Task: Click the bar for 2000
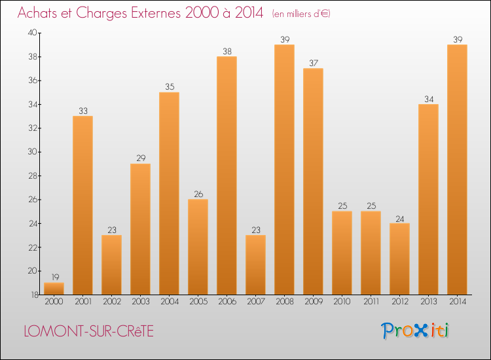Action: click(x=54, y=288)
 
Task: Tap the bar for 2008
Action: click(x=284, y=170)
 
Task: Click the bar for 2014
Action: click(x=457, y=170)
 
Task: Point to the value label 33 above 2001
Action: click(x=82, y=111)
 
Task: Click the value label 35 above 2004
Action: click(x=169, y=87)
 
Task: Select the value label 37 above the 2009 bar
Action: click(x=313, y=63)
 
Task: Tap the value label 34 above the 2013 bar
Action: click(x=428, y=99)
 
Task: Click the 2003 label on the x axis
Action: click(x=140, y=302)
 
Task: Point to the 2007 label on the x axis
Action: click(x=255, y=302)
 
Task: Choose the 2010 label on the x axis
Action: click(x=342, y=302)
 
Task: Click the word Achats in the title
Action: click(x=38, y=13)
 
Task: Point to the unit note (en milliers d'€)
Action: click(x=301, y=14)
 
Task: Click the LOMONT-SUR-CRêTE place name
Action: click(x=88, y=331)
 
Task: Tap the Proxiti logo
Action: click(x=416, y=331)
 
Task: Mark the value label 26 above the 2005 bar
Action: click(x=198, y=194)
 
